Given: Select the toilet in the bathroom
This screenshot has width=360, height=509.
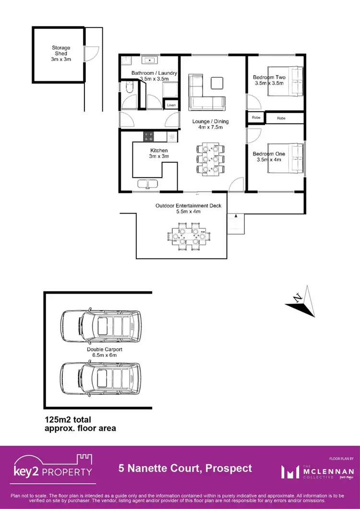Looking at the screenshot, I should pyautogui.click(x=128, y=88).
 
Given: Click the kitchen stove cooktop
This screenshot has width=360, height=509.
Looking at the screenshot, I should pyautogui.click(x=148, y=136).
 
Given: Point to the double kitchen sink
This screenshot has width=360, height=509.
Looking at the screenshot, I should pyautogui.click(x=147, y=183).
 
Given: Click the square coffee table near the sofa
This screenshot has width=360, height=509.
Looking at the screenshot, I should pyautogui.click(x=217, y=83).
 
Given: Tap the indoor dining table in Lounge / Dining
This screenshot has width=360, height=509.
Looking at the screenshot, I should pyautogui.click(x=210, y=158).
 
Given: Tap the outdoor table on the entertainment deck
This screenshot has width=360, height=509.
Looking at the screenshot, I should pyautogui.click(x=189, y=236).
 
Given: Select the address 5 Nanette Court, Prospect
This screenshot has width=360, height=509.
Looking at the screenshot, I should pyautogui.click(x=185, y=468).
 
